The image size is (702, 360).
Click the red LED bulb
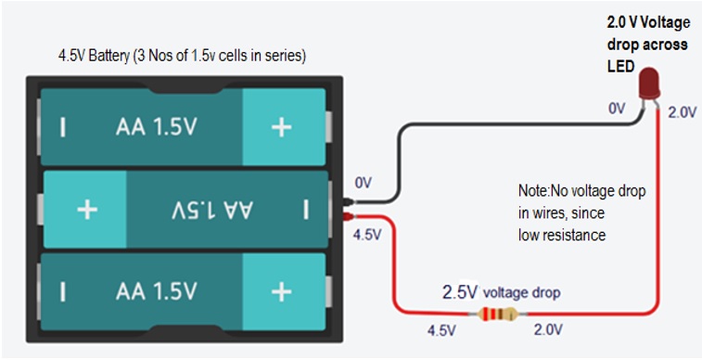649,84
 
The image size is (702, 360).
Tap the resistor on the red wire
497,315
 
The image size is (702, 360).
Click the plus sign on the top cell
282,128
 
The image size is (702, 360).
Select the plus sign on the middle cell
87,209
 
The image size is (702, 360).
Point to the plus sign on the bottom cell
282,292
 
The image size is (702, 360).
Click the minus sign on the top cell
63,127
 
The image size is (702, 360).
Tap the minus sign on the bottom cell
63,291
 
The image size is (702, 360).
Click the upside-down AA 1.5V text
212,210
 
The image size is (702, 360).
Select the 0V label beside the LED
617,109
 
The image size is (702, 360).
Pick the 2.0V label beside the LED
683,112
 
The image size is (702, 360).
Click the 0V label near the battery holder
364,183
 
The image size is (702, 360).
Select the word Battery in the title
108,57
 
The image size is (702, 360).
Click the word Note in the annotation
533,191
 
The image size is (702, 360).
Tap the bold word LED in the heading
621,66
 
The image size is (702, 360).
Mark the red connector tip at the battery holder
349,217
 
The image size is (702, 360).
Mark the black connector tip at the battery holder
349,202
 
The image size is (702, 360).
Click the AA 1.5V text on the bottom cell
156,291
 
